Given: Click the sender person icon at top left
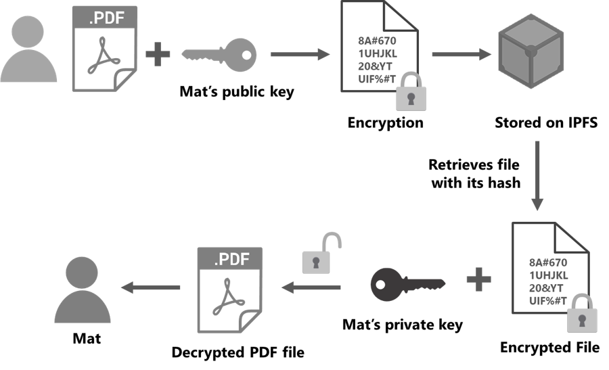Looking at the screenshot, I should (28, 51).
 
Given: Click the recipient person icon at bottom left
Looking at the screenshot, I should (82, 291).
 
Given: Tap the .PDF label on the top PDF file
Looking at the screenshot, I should (105, 18).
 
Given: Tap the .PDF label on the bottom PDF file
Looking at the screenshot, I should (230, 259).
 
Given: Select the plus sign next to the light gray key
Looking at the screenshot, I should (158, 54).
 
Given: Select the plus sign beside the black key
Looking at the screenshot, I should (478, 279).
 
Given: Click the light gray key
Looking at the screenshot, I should (220, 54).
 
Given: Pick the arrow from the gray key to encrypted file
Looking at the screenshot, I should (299, 54).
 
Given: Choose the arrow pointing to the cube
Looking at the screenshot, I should (461, 54).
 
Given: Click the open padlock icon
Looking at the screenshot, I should (319, 254).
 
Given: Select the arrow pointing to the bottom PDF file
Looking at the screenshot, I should (311, 287).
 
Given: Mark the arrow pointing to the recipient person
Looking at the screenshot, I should (150, 287).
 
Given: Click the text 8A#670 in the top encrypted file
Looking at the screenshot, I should (378, 39).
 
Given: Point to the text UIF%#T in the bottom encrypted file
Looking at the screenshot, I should (548, 300).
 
